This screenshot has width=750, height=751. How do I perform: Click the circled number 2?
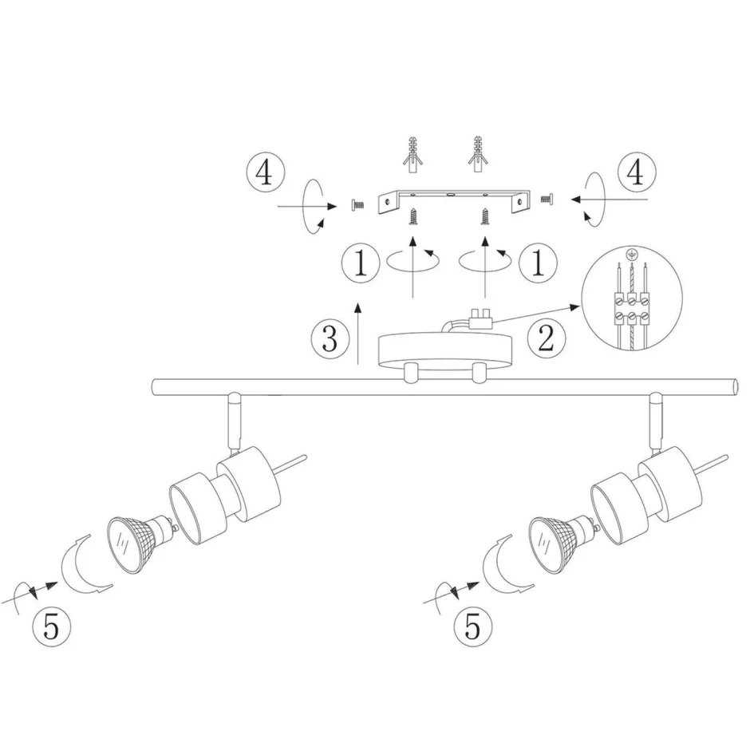(546, 338)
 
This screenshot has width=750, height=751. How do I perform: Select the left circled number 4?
(265, 173)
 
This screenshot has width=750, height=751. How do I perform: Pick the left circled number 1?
(361, 263)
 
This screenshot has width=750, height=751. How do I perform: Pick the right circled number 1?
(540, 263)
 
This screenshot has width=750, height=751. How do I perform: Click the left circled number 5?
(50, 626)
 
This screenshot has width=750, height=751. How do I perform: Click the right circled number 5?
(474, 626)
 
